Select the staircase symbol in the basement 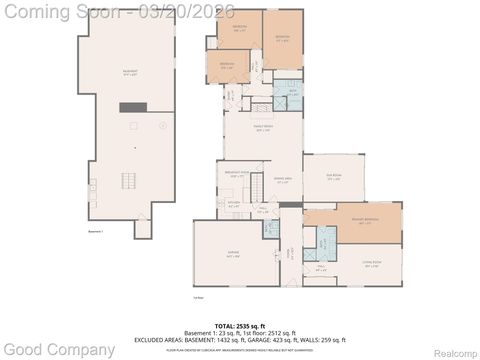[x=127, y=181]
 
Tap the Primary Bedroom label [x=351, y=223]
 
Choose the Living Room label [x=372, y=265]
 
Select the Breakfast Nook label [x=232, y=176]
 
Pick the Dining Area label [x=283, y=180]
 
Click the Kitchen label [x=232, y=205]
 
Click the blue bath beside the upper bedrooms [x=287, y=89]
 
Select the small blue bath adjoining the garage [x=270, y=227]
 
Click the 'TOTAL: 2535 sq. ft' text [x=239, y=326]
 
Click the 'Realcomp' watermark [x=453, y=352]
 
